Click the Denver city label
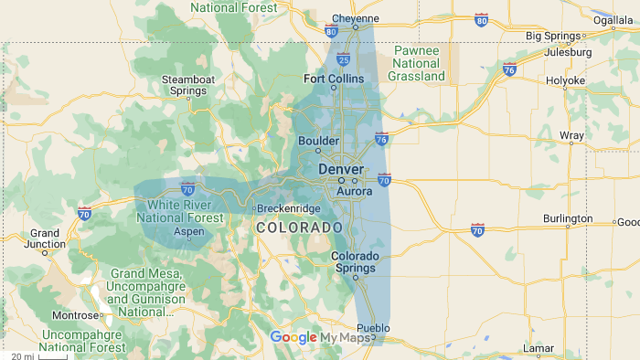point(341,170)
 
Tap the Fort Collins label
point(334,79)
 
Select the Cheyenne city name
point(355,18)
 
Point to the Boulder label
point(319,142)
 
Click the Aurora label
point(355,192)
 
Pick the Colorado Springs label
point(354,262)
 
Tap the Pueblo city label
point(373,328)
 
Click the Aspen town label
point(189,232)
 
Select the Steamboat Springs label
point(188,86)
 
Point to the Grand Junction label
point(45,239)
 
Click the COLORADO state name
point(299,227)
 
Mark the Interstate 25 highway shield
point(343,58)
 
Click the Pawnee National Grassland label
point(416,64)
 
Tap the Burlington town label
point(568,219)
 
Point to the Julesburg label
point(568,52)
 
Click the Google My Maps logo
point(321,337)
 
